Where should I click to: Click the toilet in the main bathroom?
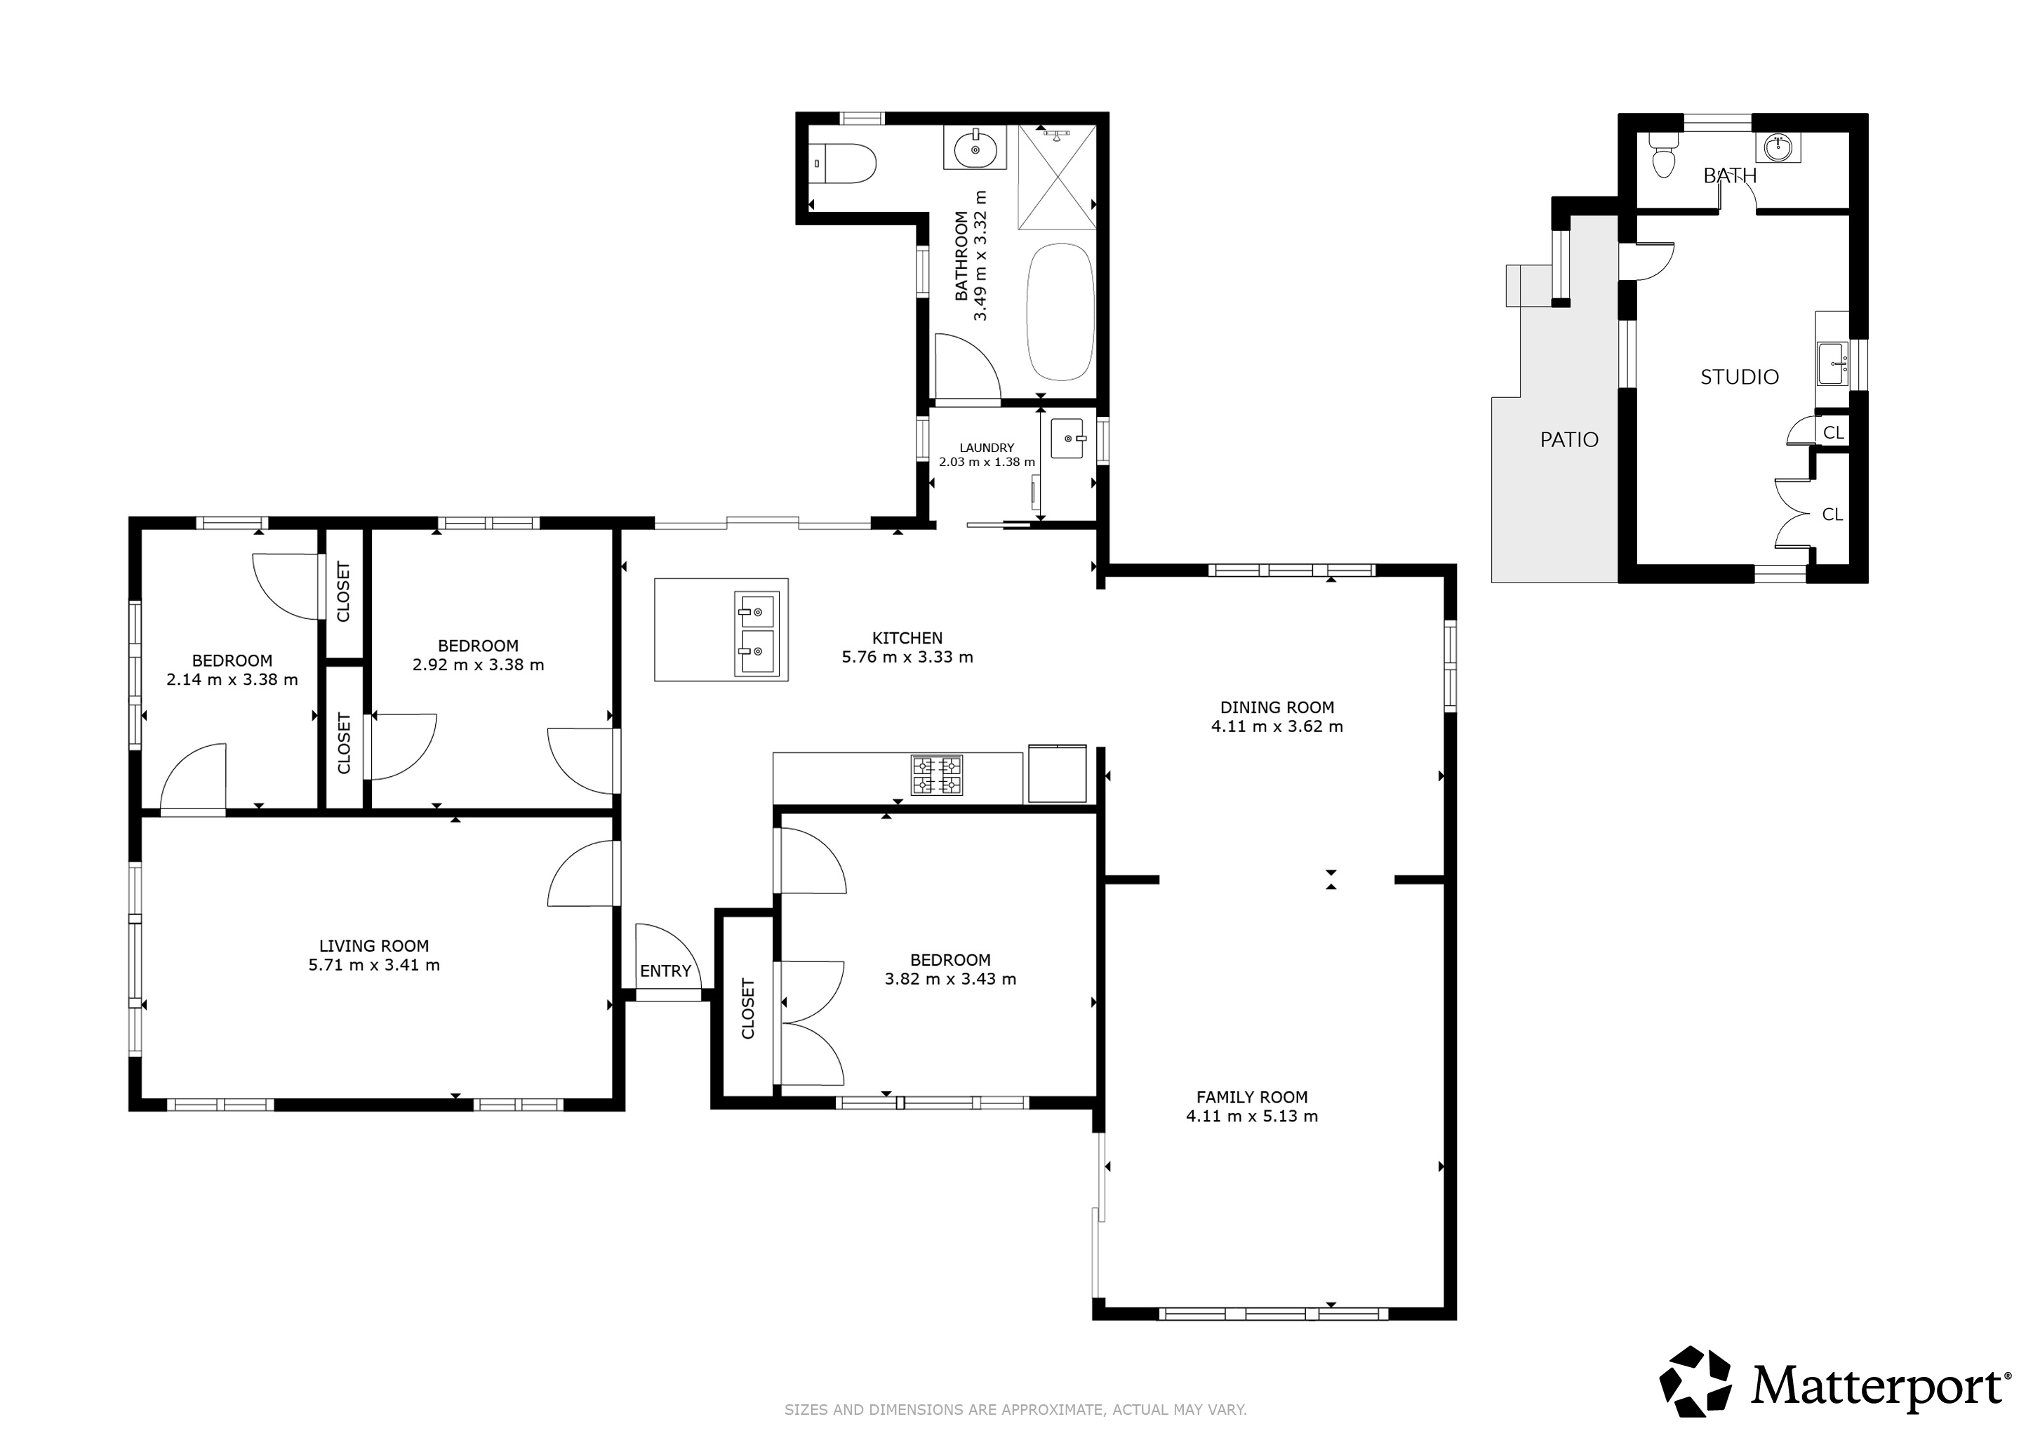pos(845,164)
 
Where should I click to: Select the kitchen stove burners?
pos(937,775)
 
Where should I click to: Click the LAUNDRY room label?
pos(987,448)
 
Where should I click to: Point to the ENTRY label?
pos(665,971)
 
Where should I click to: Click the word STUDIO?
pos(1739,377)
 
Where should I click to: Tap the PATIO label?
pos(1569,439)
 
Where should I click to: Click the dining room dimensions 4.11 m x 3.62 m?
pos(1277,727)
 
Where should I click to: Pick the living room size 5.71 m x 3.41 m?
pos(373,965)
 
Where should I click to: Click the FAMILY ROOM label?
pos(1252,1096)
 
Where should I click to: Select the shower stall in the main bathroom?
pos(1056,177)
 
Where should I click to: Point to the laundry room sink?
pos(1068,439)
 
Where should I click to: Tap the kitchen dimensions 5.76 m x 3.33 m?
pos(907,657)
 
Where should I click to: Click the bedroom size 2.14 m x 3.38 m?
pos(232,680)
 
